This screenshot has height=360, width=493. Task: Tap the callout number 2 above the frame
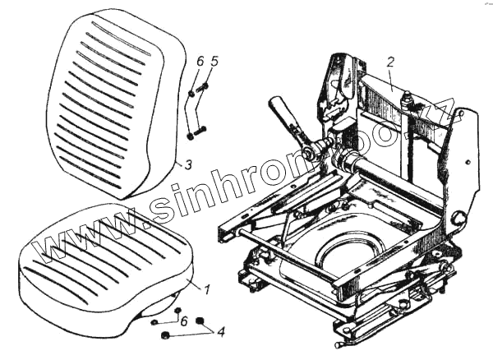click(x=391, y=61)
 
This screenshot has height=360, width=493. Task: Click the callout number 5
click(x=214, y=61)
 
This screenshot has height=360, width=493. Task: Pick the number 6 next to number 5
click(x=199, y=61)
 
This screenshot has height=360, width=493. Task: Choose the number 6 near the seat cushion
click(x=183, y=320)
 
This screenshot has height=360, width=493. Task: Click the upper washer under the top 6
click(x=191, y=93)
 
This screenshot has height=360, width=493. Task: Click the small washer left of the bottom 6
click(x=154, y=322)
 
